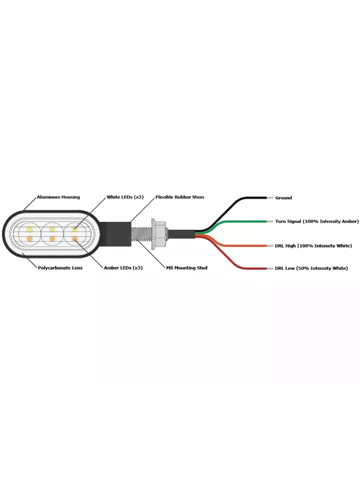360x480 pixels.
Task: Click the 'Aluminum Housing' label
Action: click(58, 197)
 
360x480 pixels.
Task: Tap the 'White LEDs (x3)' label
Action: click(125, 197)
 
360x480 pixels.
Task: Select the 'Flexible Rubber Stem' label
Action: click(180, 197)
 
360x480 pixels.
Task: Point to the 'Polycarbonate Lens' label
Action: click(60, 268)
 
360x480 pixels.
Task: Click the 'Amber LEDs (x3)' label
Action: click(123, 268)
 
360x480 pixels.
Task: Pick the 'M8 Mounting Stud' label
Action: click(187, 268)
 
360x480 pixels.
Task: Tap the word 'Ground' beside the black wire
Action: click(284, 198)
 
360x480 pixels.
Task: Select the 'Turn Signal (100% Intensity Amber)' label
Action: click(317, 221)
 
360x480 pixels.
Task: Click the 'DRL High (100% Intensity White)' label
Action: click(313, 246)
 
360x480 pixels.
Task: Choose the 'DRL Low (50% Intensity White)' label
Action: click(312, 268)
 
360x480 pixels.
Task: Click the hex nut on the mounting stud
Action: click(159, 234)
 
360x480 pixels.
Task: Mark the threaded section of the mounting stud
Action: click(141, 234)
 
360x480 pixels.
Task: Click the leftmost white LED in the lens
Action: click(30, 229)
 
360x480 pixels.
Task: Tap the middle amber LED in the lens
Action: click(52, 239)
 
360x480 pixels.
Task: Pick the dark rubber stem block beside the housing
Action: click(115, 234)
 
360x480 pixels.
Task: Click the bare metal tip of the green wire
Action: click(270, 221)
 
